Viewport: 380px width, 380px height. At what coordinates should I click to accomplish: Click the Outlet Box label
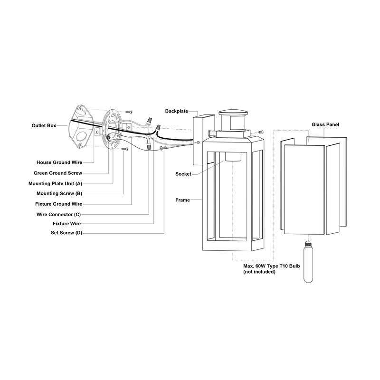(x=44, y=125)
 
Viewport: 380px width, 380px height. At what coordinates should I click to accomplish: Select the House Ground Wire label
(x=59, y=162)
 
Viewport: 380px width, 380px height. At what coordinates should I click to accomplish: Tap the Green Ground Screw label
(x=58, y=173)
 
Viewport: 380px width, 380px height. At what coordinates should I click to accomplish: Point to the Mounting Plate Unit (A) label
(x=55, y=184)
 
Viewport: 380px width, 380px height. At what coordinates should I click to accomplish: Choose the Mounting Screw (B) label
(x=59, y=193)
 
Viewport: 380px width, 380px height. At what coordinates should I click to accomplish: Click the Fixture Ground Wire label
(x=58, y=204)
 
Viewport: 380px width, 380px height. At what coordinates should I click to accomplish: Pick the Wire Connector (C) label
(x=58, y=215)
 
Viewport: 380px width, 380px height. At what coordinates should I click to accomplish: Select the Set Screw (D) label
(x=66, y=233)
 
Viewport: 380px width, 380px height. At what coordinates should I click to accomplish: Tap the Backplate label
(x=176, y=111)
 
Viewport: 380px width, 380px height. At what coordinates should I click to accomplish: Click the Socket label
(x=183, y=174)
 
